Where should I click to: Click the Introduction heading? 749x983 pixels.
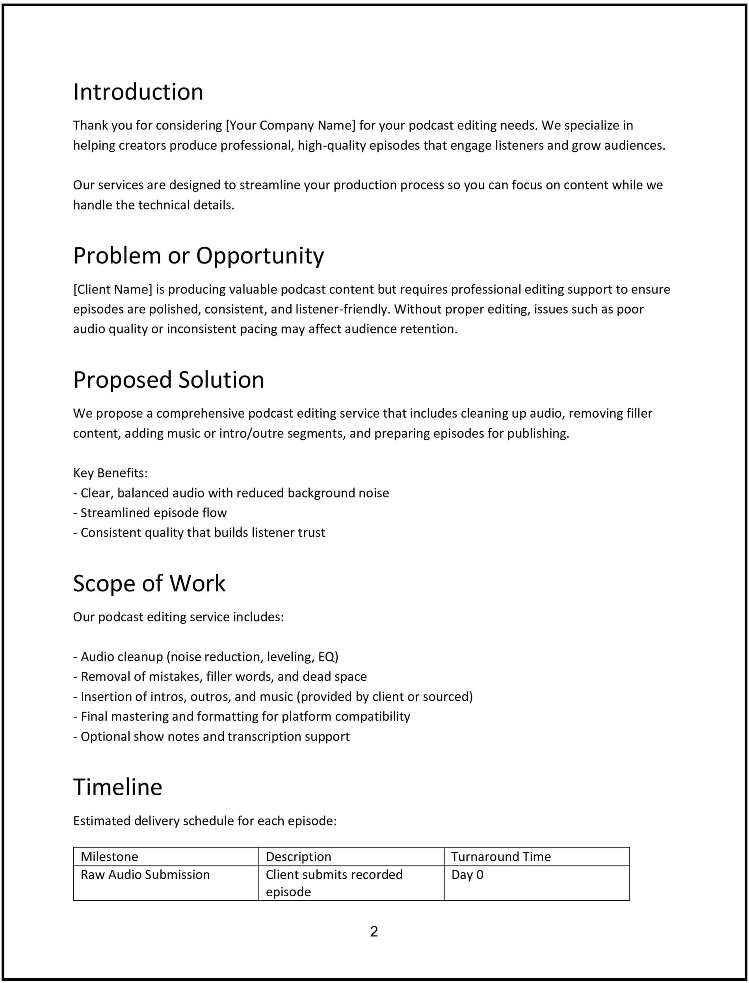tap(138, 92)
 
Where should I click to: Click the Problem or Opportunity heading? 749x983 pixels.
tap(199, 256)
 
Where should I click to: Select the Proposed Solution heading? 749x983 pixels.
tap(169, 380)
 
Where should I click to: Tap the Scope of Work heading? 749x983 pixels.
tap(149, 584)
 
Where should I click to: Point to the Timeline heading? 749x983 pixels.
tap(118, 788)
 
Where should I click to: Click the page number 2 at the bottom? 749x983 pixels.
tap(374, 931)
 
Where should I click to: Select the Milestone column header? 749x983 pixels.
tap(109, 857)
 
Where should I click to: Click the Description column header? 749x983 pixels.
tap(298, 857)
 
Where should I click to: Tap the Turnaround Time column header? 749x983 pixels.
tap(501, 857)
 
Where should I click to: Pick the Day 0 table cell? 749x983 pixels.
tap(467, 875)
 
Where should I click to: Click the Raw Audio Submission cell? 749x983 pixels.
tap(145, 875)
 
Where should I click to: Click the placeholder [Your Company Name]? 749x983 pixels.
tap(291, 125)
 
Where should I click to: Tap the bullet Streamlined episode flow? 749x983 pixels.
tap(153, 513)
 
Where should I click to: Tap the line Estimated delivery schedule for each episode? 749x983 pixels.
tap(204, 821)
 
